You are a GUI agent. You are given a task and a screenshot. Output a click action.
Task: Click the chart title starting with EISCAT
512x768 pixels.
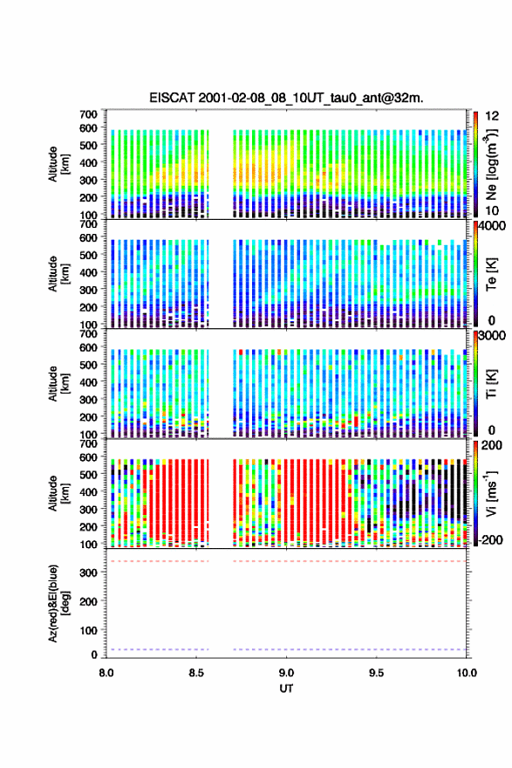[286, 98]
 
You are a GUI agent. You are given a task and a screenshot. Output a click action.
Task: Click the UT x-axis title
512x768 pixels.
[286, 689]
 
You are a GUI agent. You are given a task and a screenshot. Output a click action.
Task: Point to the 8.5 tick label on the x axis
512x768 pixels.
[196, 673]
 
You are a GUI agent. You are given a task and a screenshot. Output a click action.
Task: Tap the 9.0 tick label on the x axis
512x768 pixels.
[286, 673]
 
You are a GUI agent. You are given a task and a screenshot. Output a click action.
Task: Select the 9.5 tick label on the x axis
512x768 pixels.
[377, 673]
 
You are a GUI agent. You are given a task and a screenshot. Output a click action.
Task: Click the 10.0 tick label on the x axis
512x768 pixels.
[467, 673]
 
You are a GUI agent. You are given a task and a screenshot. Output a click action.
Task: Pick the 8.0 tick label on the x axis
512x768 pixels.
[106, 673]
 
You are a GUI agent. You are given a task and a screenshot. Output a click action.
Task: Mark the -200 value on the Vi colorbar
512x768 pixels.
[490, 539]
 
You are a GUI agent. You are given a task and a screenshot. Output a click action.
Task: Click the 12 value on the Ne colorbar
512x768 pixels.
[493, 116]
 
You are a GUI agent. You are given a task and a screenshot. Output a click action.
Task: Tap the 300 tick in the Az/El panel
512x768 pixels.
[89, 573]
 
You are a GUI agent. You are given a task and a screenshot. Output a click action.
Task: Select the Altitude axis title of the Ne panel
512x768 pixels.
[58, 164]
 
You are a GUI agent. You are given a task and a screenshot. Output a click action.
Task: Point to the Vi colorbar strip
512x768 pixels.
[475, 493]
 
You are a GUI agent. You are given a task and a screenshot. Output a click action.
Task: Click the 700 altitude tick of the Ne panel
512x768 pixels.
[89, 114]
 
